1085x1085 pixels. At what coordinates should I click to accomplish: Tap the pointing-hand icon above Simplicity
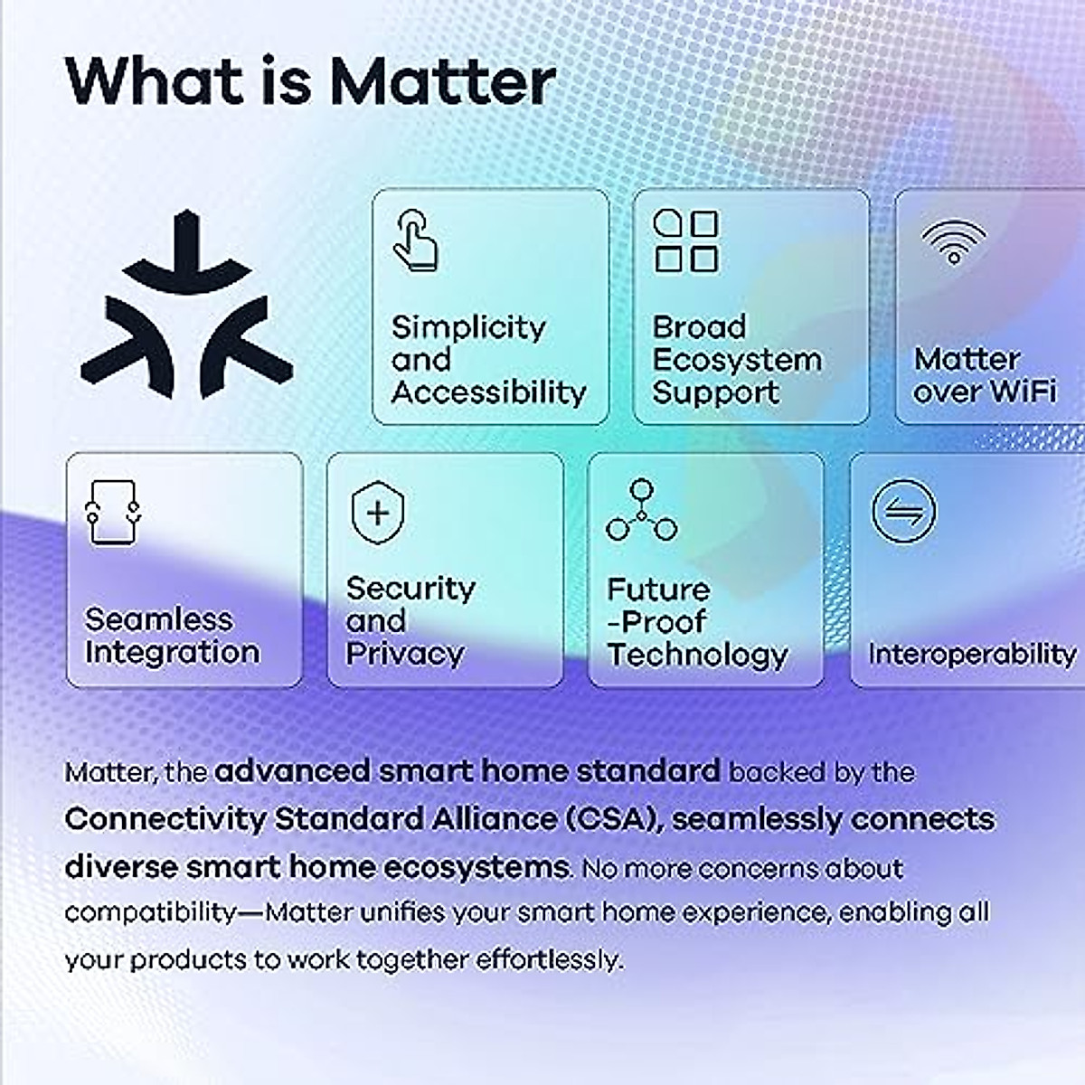[x=415, y=240]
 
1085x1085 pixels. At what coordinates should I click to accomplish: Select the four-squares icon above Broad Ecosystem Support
[x=685, y=241]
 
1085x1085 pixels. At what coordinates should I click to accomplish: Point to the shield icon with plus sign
[x=378, y=513]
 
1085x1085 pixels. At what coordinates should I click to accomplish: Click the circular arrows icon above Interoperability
[x=903, y=512]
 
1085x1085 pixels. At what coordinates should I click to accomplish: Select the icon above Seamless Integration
[x=112, y=512]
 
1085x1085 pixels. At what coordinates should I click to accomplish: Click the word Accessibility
[x=489, y=392]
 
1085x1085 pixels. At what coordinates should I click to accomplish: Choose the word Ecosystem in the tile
[x=737, y=360]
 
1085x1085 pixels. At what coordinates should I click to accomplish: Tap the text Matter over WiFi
[x=984, y=375]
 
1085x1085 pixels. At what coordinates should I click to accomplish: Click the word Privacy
[x=404, y=653]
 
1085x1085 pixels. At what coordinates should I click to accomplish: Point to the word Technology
[x=697, y=655]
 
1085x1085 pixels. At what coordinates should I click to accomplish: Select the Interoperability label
[x=972, y=653]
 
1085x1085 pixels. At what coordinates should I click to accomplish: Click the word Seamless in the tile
[x=158, y=619]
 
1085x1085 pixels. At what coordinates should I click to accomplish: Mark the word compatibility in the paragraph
[x=150, y=912]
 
